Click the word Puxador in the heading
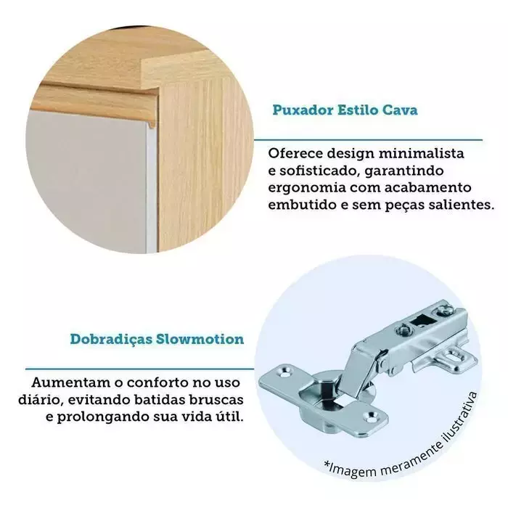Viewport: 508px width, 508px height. [303, 110]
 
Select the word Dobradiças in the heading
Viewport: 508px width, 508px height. [111, 340]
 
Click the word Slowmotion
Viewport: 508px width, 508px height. [200, 339]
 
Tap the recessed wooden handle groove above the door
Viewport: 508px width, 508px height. [97, 98]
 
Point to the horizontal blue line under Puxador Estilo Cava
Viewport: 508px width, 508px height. [368, 140]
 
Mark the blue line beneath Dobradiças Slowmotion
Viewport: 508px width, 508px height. [139, 369]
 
